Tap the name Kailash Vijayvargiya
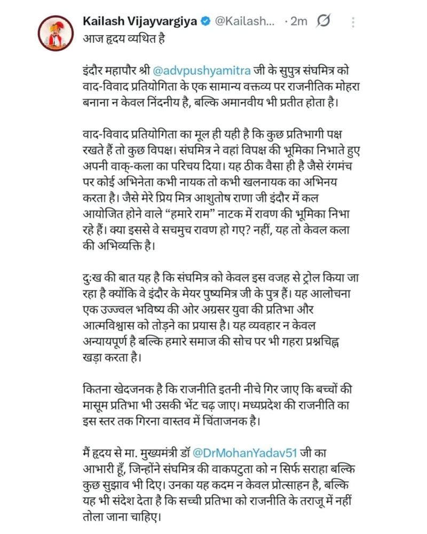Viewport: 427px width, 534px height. coord(140,21)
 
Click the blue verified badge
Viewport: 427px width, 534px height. coord(206,22)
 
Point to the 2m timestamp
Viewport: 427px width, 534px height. coord(298,22)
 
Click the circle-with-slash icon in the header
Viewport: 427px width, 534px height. coord(324,21)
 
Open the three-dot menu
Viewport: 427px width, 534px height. coord(353,22)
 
